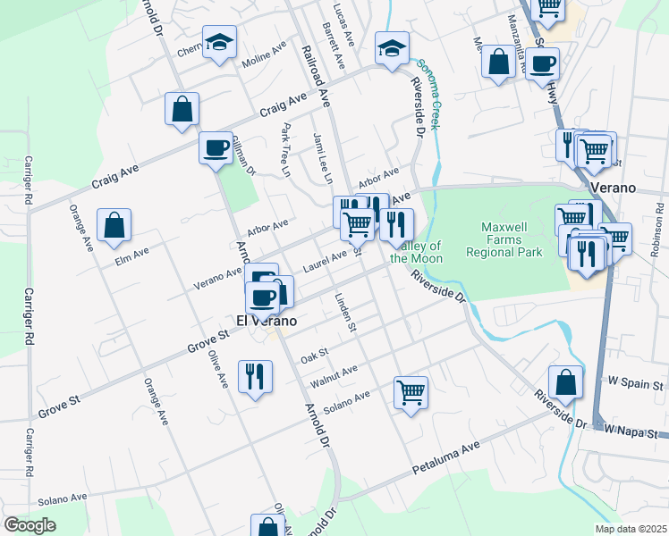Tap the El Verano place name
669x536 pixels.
point(266,319)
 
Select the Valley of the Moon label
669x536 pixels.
point(417,252)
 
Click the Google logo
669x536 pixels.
point(30,524)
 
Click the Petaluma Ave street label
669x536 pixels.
point(445,457)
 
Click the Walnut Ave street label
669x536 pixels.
point(334,375)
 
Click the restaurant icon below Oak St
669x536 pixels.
point(256,377)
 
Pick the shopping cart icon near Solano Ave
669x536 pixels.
point(411,393)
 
